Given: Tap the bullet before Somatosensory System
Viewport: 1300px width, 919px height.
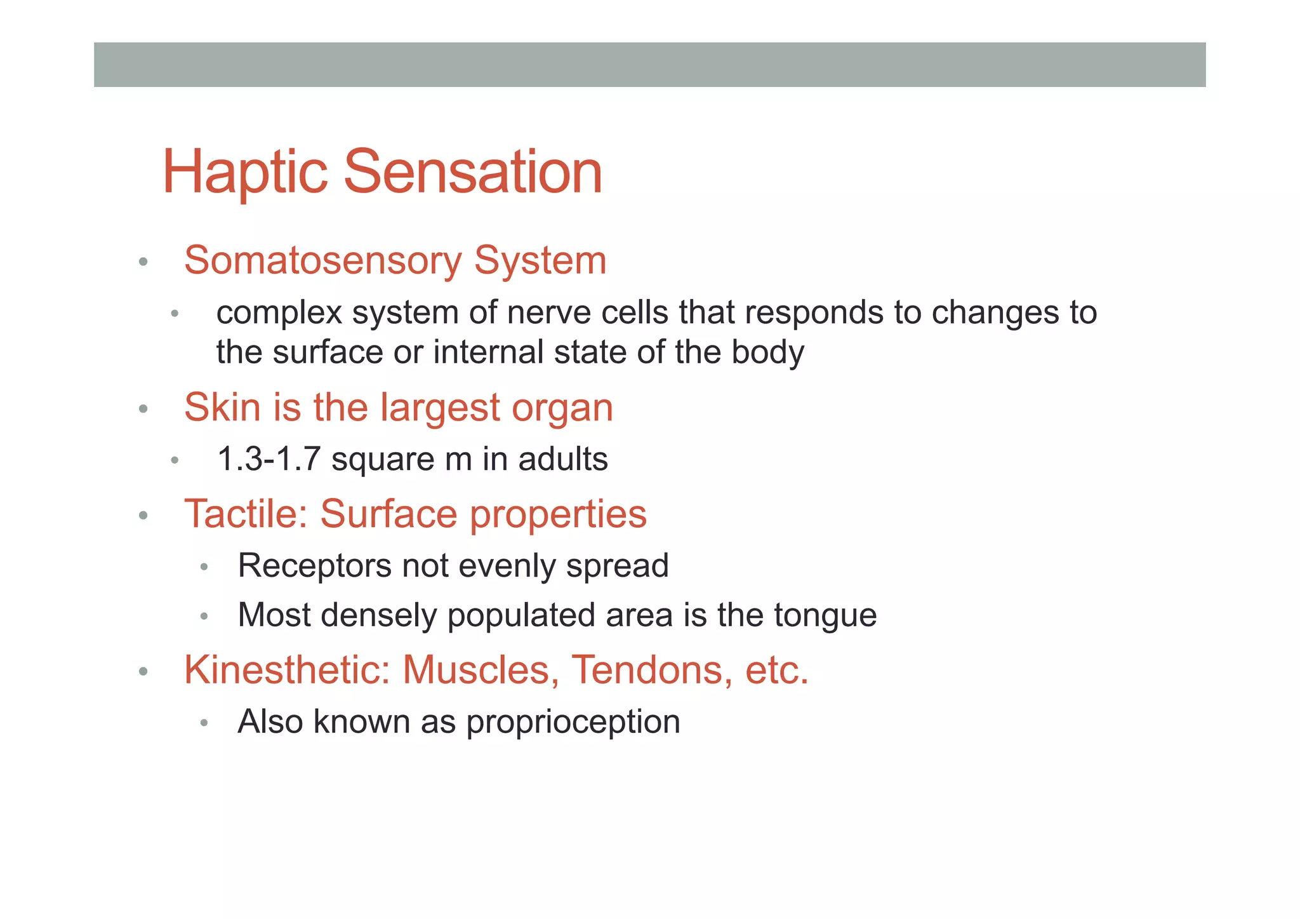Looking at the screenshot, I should [143, 262].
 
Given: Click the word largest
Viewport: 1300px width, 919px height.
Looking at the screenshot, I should [440, 408].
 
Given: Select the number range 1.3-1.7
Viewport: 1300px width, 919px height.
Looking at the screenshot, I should [269, 459].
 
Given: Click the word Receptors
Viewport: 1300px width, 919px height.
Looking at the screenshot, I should [314, 566].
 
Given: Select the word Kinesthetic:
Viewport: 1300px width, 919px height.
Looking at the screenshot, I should [287, 670].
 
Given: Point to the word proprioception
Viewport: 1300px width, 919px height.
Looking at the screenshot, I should [573, 723].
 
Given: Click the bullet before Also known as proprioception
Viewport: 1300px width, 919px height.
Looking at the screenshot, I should [204, 723].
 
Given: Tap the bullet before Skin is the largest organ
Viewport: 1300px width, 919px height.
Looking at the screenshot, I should [143, 409].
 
